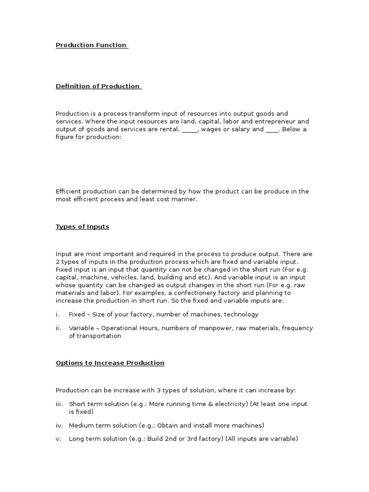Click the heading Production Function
click(x=91, y=45)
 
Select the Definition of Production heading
click(x=98, y=86)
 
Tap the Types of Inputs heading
click(x=82, y=226)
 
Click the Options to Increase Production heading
click(x=110, y=363)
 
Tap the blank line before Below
click(x=272, y=129)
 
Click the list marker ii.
click(x=58, y=328)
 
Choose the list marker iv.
click(x=59, y=425)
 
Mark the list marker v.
click(x=59, y=439)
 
